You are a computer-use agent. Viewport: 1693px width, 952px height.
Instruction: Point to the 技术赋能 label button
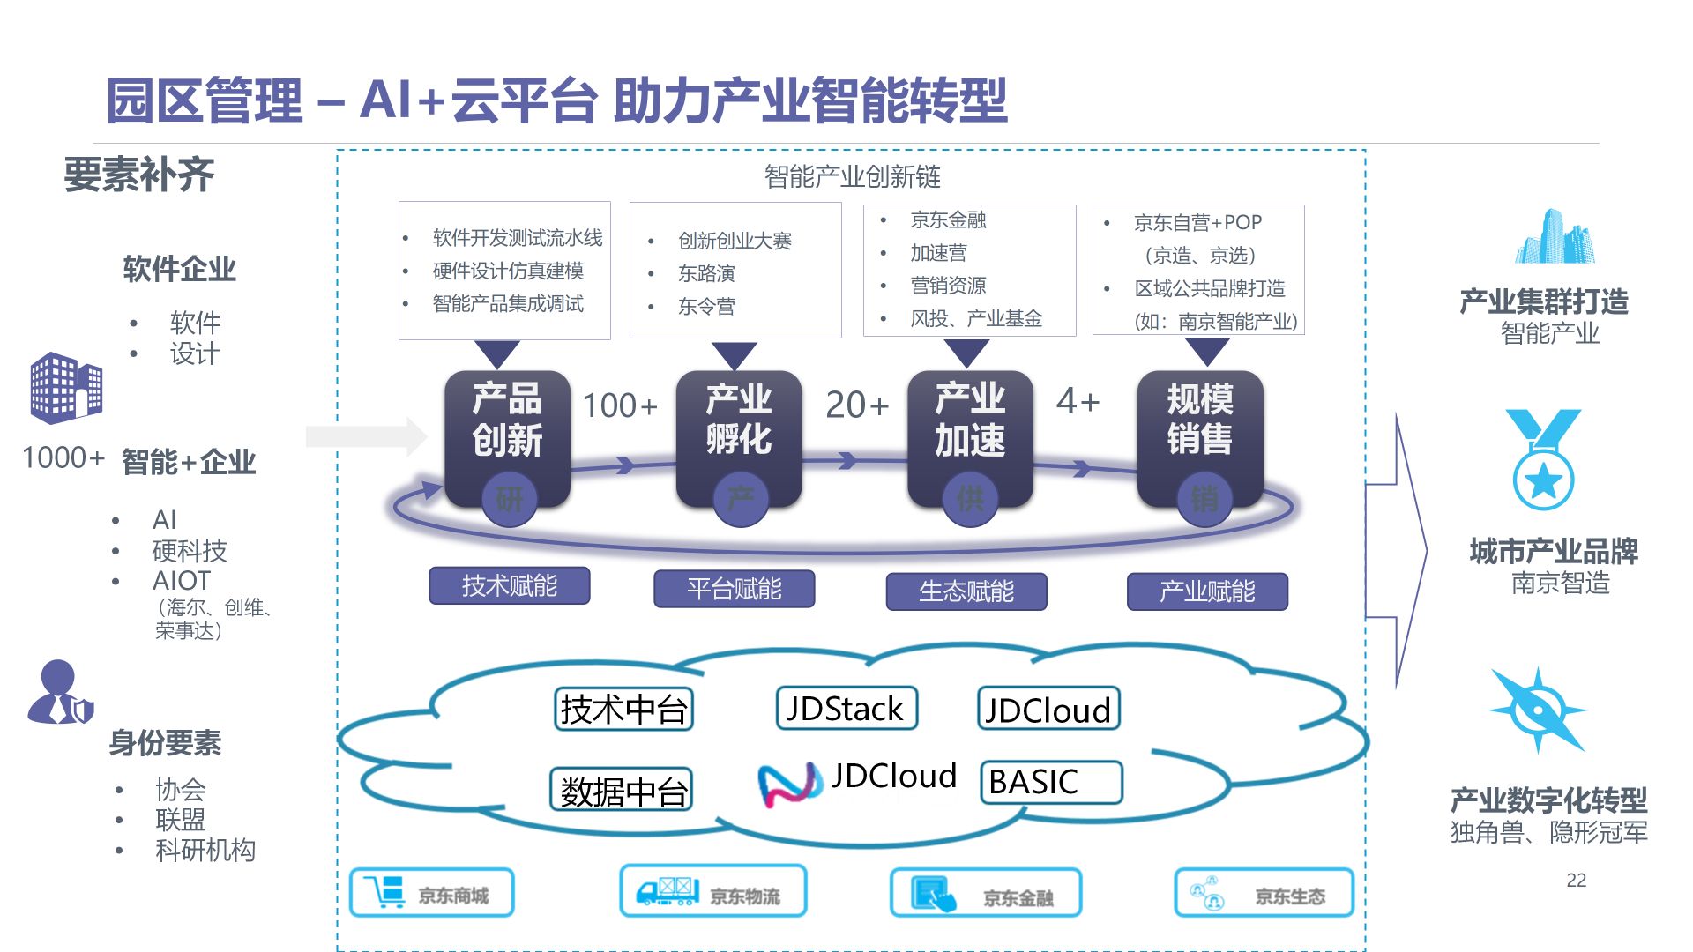click(509, 585)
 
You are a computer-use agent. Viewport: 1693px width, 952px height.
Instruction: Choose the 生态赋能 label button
click(966, 591)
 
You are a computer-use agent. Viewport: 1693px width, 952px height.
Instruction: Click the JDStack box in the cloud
click(846, 709)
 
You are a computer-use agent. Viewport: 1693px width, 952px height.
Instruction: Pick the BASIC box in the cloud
click(1051, 782)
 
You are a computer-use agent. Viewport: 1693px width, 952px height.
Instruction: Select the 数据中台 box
click(622, 791)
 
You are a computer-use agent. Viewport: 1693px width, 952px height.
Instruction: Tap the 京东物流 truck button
click(712, 892)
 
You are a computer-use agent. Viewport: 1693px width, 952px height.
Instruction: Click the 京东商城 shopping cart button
click(432, 893)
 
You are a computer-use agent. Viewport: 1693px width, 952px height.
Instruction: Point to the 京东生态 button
click(1264, 894)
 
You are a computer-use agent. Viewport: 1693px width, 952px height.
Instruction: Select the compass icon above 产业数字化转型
click(1538, 710)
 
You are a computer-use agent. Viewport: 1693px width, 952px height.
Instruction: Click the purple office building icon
click(66, 387)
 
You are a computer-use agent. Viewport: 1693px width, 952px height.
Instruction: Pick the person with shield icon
click(60, 693)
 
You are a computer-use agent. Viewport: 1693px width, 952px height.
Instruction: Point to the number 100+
click(620, 405)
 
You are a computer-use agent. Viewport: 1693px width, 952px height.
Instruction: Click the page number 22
click(1576, 880)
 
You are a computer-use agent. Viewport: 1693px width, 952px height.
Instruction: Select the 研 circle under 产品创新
click(509, 500)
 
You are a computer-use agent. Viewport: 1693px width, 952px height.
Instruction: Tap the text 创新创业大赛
click(735, 241)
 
